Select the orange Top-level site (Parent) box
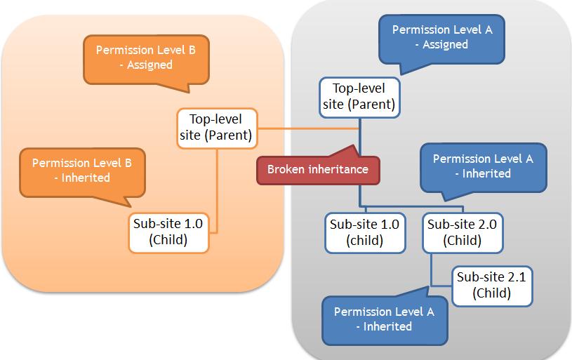(215, 127)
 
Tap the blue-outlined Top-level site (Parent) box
(360, 97)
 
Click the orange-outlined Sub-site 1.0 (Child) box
(169, 232)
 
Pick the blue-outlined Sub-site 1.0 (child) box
(364, 232)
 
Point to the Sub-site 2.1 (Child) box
(491, 285)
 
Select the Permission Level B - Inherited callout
(81, 170)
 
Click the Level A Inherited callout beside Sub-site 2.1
(383, 319)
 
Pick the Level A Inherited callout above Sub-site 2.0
(483, 166)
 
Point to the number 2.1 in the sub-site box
(515, 276)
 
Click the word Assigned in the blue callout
(444, 44)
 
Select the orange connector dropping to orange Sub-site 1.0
(216, 189)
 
